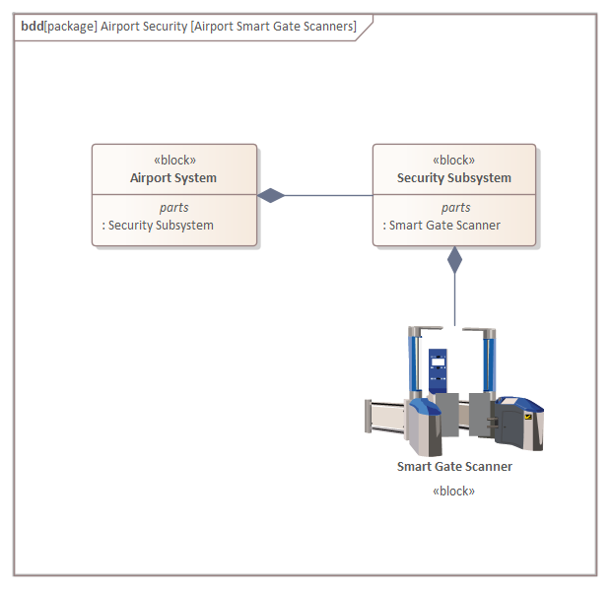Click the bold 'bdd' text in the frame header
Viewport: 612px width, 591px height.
pyautogui.click(x=32, y=27)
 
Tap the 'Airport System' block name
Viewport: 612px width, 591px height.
pyautogui.click(x=173, y=178)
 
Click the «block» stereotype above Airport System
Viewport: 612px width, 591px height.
pyautogui.click(x=174, y=161)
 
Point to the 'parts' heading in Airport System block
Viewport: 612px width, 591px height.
pyautogui.click(x=174, y=208)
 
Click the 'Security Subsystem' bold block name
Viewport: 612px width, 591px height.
pyautogui.click(x=454, y=178)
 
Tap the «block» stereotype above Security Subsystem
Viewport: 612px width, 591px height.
pyautogui.click(x=454, y=161)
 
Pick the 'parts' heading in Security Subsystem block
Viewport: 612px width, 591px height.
pyautogui.click(x=455, y=208)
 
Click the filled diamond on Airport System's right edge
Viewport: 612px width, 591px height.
pyautogui.click(x=271, y=195)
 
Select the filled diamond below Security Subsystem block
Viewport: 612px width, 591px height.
pyautogui.click(x=454, y=260)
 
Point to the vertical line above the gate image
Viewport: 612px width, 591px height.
pyautogui.click(x=454, y=300)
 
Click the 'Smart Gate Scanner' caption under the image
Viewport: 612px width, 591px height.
pyautogui.click(x=454, y=467)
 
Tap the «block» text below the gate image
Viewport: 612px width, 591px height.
pyautogui.click(x=454, y=491)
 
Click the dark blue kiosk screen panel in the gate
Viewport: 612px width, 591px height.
pyautogui.click(x=438, y=370)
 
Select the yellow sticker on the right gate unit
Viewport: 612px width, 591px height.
pyautogui.click(x=528, y=417)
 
